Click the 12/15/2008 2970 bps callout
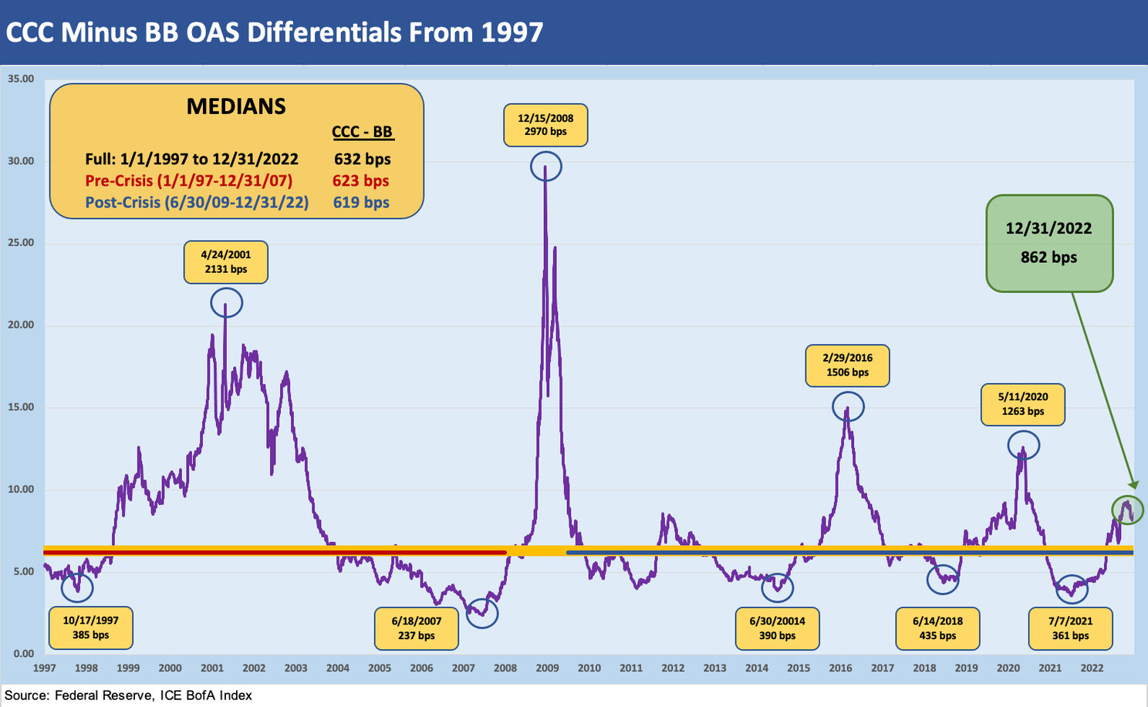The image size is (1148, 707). tap(545, 125)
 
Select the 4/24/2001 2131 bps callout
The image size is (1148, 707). tap(225, 262)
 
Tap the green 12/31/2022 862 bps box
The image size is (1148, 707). tap(1048, 243)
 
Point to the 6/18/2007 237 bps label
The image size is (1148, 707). tap(417, 628)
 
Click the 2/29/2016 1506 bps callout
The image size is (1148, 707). tap(847, 365)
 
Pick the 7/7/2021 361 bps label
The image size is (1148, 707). tap(1070, 628)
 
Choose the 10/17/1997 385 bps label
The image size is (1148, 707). tap(90, 628)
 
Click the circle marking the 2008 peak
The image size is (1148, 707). tap(546, 167)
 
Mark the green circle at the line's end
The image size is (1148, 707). tap(1127, 509)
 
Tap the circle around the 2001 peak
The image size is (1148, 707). tap(226, 302)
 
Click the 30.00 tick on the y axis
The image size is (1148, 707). tap(21, 161)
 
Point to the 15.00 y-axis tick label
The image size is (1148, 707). tap(21, 407)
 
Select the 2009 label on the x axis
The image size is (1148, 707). tap(547, 668)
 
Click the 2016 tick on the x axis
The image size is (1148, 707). tap(840, 668)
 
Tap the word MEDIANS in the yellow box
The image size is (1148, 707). tap(236, 106)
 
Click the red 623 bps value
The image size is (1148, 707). tap(361, 180)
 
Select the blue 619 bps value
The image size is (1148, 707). tap(361, 202)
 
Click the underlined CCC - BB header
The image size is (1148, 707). tap(363, 132)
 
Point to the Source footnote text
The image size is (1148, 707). tap(128, 695)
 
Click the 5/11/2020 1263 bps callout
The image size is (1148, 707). tap(1022, 404)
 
